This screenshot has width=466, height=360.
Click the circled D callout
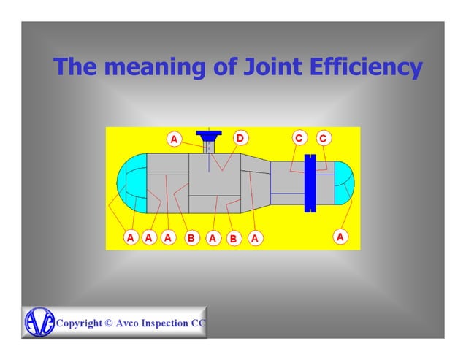(x=240, y=138)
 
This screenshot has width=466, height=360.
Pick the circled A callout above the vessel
(x=175, y=139)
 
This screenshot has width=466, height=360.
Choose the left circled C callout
(x=298, y=138)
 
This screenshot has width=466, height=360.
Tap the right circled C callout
(x=323, y=138)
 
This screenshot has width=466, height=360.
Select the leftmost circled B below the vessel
(x=191, y=237)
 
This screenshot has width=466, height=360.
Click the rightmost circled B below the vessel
(x=233, y=238)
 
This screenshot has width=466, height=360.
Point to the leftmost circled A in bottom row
(x=130, y=237)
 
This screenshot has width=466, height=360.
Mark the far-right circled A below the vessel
(x=340, y=237)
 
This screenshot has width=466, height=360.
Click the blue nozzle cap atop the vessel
(x=210, y=135)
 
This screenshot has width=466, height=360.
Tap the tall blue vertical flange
(x=310, y=183)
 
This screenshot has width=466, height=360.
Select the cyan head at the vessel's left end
(x=131, y=183)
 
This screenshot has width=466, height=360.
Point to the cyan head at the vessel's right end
(x=345, y=183)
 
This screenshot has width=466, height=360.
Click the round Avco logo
(x=39, y=322)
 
